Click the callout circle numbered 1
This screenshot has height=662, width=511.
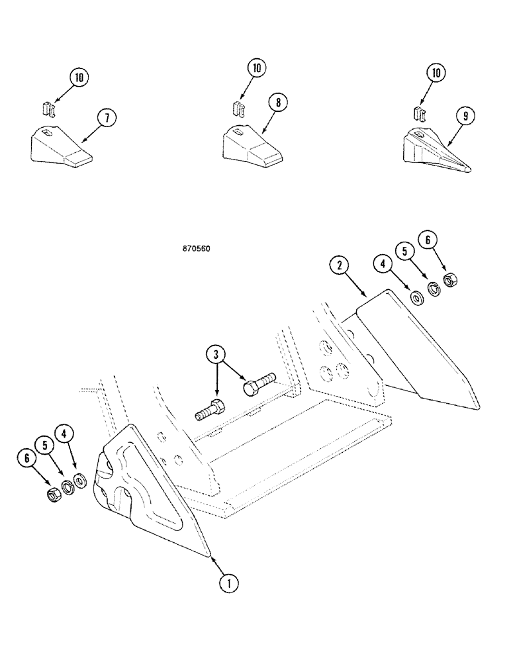(x=228, y=584)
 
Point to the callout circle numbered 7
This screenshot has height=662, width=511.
(x=106, y=118)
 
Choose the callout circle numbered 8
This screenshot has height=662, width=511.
(x=278, y=103)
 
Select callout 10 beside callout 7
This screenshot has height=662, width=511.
(x=79, y=78)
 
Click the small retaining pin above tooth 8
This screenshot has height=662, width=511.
(x=239, y=108)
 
